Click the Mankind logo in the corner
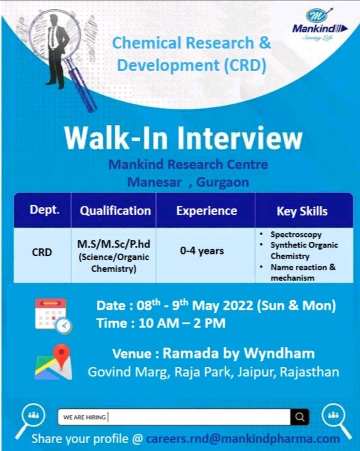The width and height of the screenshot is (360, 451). pyautogui.click(x=320, y=25)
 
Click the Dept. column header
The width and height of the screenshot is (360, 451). pyautogui.click(x=45, y=210)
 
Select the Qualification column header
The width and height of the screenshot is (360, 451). pyautogui.click(x=115, y=211)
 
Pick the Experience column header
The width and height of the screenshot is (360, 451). pyautogui.click(x=207, y=211)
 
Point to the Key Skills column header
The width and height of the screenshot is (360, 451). pyautogui.click(x=302, y=211)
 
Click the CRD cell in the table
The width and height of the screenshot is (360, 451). pyautogui.click(x=42, y=252)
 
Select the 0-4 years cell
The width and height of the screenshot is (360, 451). pyautogui.click(x=202, y=251)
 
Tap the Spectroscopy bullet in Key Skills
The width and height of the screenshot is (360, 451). pyautogui.click(x=296, y=234)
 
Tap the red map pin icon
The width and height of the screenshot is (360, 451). pyautogui.click(x=61, y=357)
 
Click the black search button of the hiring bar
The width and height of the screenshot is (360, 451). pyautogui.click(x=300, y=417)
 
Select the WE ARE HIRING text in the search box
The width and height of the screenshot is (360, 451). pyautogui.click(x=85, y=417)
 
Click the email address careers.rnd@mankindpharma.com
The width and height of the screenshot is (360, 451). pyautogui.click(x=243, y=439)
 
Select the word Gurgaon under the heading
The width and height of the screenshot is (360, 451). pyautogui.click(x=223, y=182)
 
